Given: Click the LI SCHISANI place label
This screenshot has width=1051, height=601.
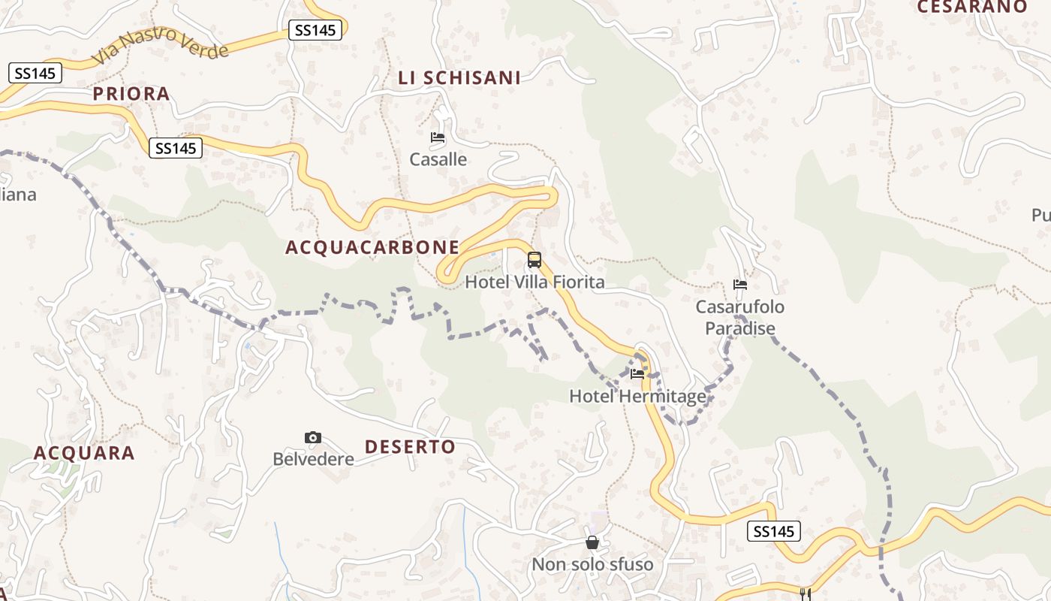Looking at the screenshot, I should [x=459, y=77].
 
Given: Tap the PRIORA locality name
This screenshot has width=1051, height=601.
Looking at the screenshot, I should [x=131, y=94].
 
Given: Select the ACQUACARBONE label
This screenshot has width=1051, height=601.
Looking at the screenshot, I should [x=372, y=247].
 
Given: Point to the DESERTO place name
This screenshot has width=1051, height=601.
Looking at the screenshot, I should [x=410, y=447].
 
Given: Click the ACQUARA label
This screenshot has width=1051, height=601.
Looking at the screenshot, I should [x=84, y=453].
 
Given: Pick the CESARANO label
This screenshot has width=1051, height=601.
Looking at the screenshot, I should [x=971, y=7].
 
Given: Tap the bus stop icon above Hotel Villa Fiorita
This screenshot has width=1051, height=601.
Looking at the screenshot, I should [x=535, y=260].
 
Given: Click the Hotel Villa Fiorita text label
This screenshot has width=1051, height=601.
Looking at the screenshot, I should [x=535, y=282].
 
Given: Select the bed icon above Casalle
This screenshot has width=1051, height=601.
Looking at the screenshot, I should [x=438, y=137].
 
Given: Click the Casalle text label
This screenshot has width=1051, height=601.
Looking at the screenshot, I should [x=438, y=159].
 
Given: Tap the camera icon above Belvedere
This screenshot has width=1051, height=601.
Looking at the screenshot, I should [x=313, y=437].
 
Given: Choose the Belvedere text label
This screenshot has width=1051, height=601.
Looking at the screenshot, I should [x=313, y=458].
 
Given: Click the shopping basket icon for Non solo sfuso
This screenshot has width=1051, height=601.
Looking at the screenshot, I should [x=592, y=542].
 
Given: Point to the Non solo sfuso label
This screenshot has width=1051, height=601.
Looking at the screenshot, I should [x=592, y=564].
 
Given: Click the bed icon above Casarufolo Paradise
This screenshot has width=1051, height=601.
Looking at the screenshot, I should [x=740, y=285].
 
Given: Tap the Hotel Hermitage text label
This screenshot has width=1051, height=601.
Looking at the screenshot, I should [x=637, y=396].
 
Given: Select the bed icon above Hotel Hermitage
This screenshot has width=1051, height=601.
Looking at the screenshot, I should [x=637, y=374].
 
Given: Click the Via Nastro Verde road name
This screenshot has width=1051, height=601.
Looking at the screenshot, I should [x=160, y=45].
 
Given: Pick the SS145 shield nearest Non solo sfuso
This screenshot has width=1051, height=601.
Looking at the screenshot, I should [x=774, y=531].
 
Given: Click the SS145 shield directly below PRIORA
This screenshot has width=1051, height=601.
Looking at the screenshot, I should [x=176, y=148].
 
